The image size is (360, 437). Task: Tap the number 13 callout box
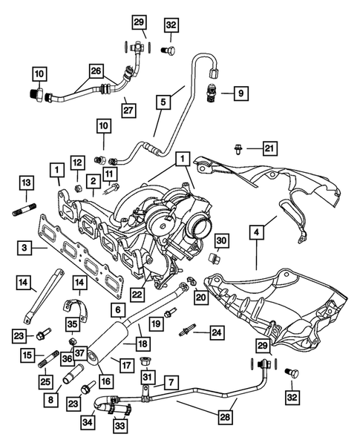click(x=24, y=183)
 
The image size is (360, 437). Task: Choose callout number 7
click(x=171, y=382)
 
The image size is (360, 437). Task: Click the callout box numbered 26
click(x=96, y=72)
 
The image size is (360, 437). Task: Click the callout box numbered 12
click(x=77, y=162)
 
